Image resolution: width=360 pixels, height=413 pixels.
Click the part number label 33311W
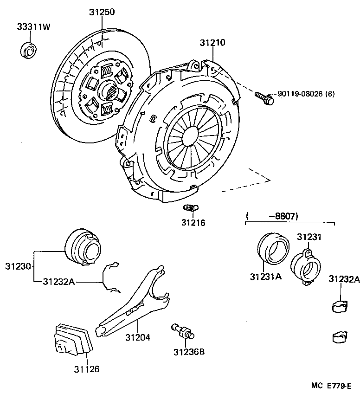pos(33,27)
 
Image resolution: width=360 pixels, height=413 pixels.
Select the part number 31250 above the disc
pos(102,12)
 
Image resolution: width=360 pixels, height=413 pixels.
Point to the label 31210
pos(212,43)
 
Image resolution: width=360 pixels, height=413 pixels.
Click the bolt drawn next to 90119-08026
pos(264,97)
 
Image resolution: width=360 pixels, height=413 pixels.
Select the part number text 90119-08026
pos(300,94)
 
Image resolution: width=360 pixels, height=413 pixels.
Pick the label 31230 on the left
pos(18,266)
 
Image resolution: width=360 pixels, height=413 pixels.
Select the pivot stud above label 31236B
pos(183,330)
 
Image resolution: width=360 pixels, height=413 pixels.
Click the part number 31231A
pos(266,277)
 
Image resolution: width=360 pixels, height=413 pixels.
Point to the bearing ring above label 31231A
pos(273,246)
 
